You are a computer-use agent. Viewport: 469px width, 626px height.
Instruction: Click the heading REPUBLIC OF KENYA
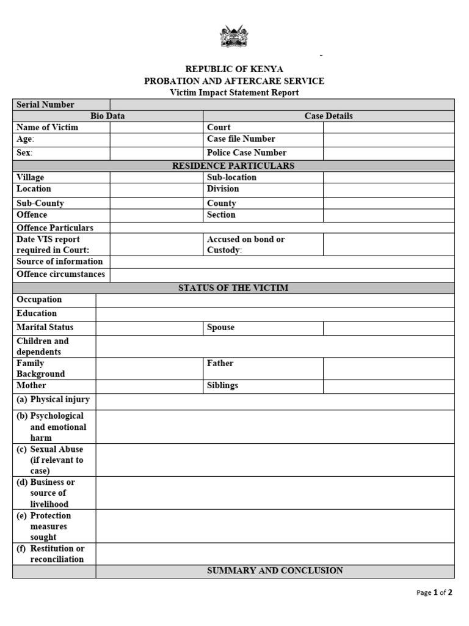click(234, 69)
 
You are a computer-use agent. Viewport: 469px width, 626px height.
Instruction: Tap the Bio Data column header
click(107, 116)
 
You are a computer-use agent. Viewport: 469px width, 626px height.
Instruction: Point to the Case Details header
click(329, 116)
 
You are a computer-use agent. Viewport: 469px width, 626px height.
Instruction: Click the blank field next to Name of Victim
click(156, 128)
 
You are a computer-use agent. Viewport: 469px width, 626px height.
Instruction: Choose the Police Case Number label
click(247, 153)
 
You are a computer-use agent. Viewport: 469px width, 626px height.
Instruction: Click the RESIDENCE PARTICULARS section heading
click(234, 166)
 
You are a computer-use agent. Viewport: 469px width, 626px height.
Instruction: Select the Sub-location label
click(231, 177)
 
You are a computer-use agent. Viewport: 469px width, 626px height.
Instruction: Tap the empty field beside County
click(388, 203)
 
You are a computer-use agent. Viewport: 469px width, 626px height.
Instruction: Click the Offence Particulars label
click(55, 227)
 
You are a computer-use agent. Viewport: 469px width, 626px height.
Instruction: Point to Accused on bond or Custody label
click(245, 245)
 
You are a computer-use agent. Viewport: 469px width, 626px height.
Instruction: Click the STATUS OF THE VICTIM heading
click(233, 288)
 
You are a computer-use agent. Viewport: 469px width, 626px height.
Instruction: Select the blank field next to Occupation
click(275, 300)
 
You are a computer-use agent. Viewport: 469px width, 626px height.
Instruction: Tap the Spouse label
click(220, 327)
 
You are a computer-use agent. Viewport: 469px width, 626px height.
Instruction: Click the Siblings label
click(222, 386)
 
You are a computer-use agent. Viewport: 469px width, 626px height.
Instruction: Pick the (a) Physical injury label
click(53, 400)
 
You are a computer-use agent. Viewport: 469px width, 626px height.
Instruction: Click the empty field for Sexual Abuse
click(275, 460)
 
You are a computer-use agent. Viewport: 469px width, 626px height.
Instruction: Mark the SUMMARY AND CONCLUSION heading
click(275, 570)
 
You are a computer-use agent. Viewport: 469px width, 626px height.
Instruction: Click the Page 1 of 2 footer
click(434, 592)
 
